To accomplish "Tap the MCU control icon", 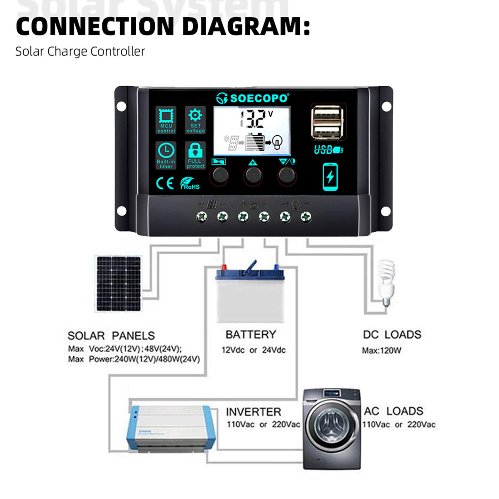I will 166,116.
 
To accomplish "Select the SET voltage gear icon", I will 195,115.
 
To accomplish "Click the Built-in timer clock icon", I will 166,151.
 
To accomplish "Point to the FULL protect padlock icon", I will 195,151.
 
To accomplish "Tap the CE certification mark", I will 165,183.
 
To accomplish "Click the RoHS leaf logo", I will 189,184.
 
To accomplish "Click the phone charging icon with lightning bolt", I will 330,177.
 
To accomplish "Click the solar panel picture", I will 119,283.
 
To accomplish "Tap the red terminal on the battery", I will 224,267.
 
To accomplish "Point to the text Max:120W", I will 381,351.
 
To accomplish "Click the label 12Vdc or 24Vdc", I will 253,350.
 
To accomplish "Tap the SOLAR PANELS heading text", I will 111,336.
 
